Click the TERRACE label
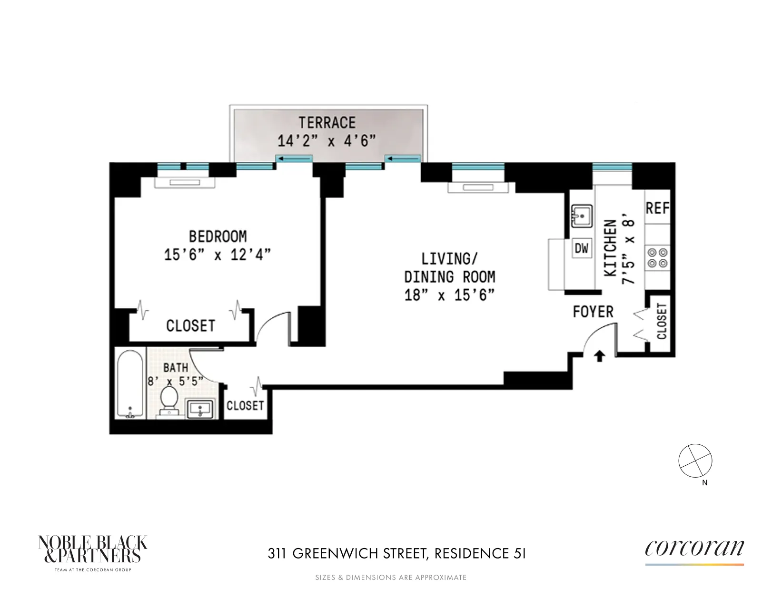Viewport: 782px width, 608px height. (327, 123)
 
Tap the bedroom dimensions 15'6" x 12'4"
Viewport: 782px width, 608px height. (218, 255)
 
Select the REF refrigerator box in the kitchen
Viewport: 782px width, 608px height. (657, 208)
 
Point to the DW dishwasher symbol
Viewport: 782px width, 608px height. (581, 248)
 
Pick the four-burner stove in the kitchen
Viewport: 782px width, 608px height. (658, 257)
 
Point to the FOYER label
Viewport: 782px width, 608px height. (593, 312)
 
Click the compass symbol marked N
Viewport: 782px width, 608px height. (695, 461)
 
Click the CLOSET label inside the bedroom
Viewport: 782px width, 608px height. (190, 326)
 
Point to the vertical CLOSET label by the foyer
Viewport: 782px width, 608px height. (662, 322)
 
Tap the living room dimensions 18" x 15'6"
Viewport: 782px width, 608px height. (449, 295)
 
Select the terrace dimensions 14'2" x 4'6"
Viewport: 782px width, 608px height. (327, 141)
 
